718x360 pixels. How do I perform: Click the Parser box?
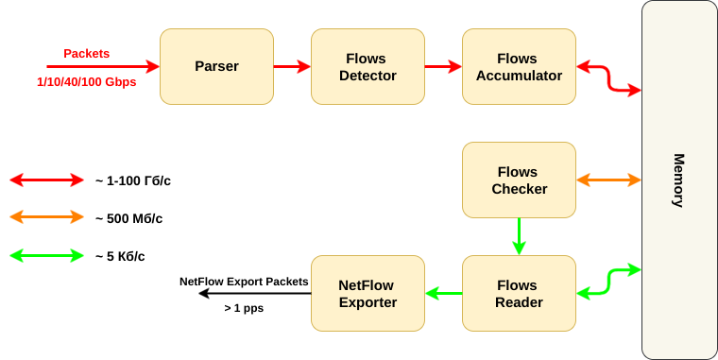(x=216, y=66)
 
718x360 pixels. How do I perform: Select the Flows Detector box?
(x=368, y=66)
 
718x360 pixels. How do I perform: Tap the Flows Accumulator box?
(x=519, y=66)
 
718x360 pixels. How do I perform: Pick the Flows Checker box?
(x=519, y=180)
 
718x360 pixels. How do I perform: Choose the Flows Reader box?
(x=519, y=293)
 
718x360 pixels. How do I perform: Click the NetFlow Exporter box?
(x=368, y=293)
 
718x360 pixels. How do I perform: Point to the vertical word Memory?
(x=678, y=180)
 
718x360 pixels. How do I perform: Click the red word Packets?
(x=87, y=53)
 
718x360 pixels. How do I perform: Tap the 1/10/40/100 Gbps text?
(x=87, y=82)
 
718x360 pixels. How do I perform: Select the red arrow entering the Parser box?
(x=104, y=67)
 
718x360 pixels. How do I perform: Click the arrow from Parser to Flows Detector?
(x=292, y=67)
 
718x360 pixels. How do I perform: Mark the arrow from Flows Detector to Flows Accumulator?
(x=443, y=67)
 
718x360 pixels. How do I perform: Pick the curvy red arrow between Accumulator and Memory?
(x=609, y=78)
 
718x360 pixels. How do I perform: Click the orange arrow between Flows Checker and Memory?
(x=609, y=180)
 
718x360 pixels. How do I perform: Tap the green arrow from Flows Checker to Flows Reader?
(x=519, y=236)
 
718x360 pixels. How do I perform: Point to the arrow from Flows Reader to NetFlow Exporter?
(x=443, y=293)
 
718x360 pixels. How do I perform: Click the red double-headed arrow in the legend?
(x=47, y=180)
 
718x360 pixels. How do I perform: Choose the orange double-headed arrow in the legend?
(x=47, y=217)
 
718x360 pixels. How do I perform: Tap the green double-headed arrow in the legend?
(x=47, y=255)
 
